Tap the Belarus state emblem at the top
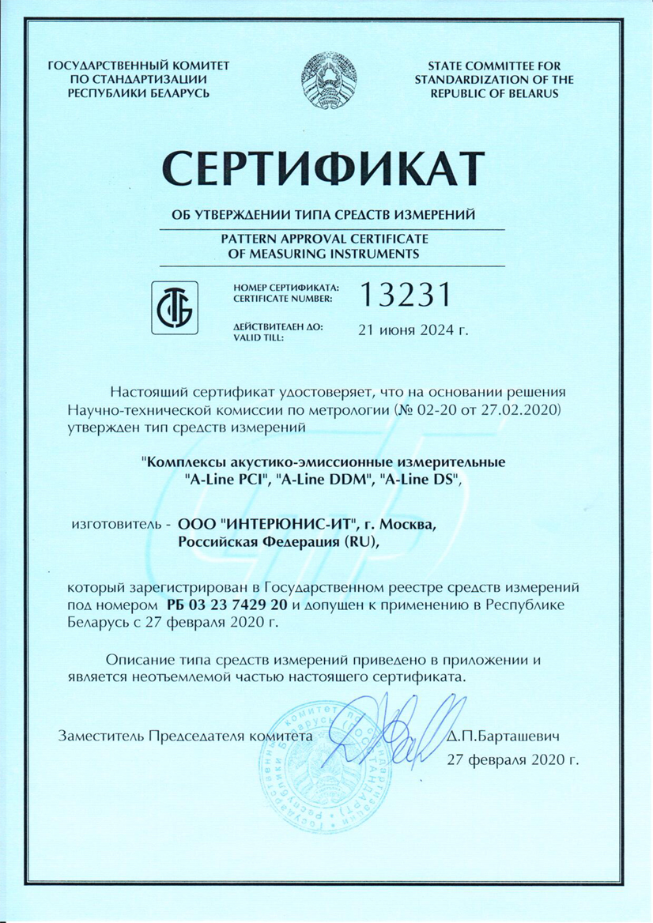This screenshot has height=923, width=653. coord(326,77)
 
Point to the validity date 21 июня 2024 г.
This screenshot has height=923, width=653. coord(413,330)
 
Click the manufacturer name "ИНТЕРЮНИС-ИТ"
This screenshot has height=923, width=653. coord(295,524)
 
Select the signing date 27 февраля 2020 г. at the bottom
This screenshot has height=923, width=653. coord(512,759)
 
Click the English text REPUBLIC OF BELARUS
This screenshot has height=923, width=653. coord(495,92)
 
